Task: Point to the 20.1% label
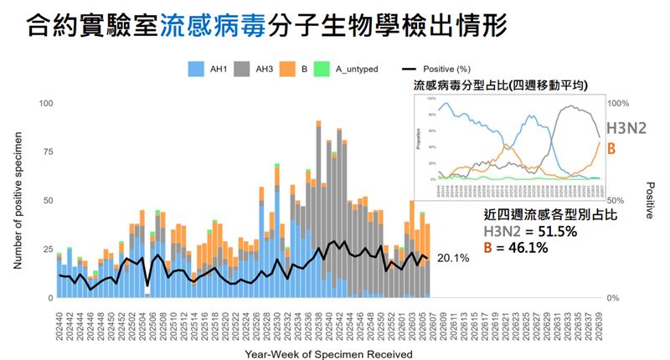tap(452, 259)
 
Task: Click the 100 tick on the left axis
tap(46, 103)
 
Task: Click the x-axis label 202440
tap(59, 321)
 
